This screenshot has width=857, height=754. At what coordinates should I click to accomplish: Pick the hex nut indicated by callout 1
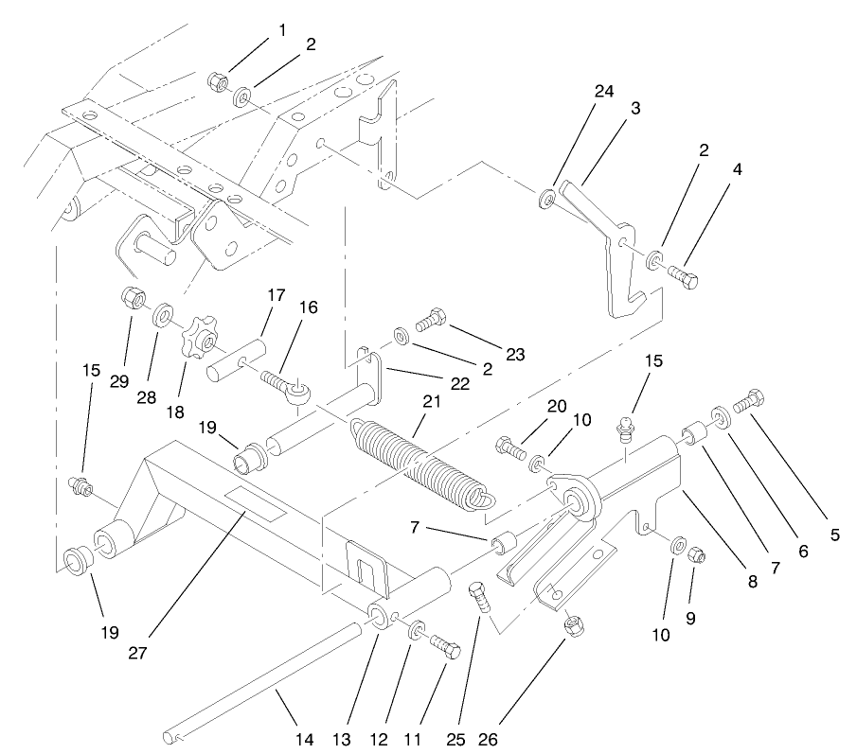pyautogui.click(x=217, y=83)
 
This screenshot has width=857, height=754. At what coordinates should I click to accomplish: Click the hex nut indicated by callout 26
pyautogui.click(x=573, y=626)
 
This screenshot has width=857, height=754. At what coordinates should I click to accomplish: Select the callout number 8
pyautogui.click(x=753, y=583)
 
